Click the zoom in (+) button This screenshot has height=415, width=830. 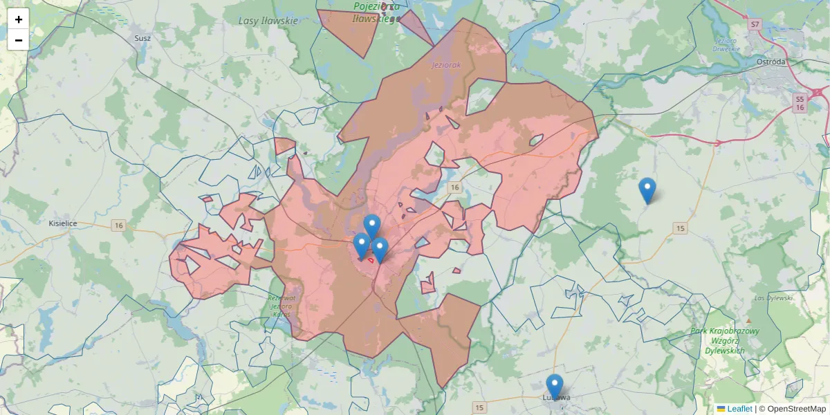[19, 19]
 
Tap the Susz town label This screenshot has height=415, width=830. [142, 38]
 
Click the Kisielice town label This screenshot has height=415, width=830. [63, 224]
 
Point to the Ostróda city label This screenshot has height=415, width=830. [771, 62]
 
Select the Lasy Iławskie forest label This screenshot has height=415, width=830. [268, 21]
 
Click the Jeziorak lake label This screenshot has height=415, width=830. [445, 65]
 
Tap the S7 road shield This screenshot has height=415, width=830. [755, 24]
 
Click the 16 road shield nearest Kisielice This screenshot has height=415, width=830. [119, 225]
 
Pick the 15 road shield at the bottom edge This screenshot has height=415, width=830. [481, 406]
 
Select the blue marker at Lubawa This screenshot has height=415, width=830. [554, 386]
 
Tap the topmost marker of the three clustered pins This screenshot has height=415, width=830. [372, 225]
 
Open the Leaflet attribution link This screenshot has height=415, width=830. [739, 409]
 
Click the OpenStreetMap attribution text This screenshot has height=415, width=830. [796, 409]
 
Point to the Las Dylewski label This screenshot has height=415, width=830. [773, 298]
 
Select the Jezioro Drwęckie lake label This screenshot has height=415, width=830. [726, 44]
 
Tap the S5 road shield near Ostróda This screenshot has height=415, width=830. [800, 99]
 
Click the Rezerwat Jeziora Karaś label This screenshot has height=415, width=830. [282, 306]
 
